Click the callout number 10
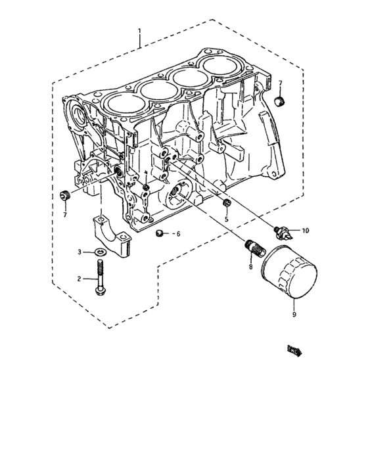[x=304, y=231]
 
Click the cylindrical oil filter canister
[x=290, y=274]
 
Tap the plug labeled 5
[x=225, y=202]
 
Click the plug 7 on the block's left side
[x=65, y=195]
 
